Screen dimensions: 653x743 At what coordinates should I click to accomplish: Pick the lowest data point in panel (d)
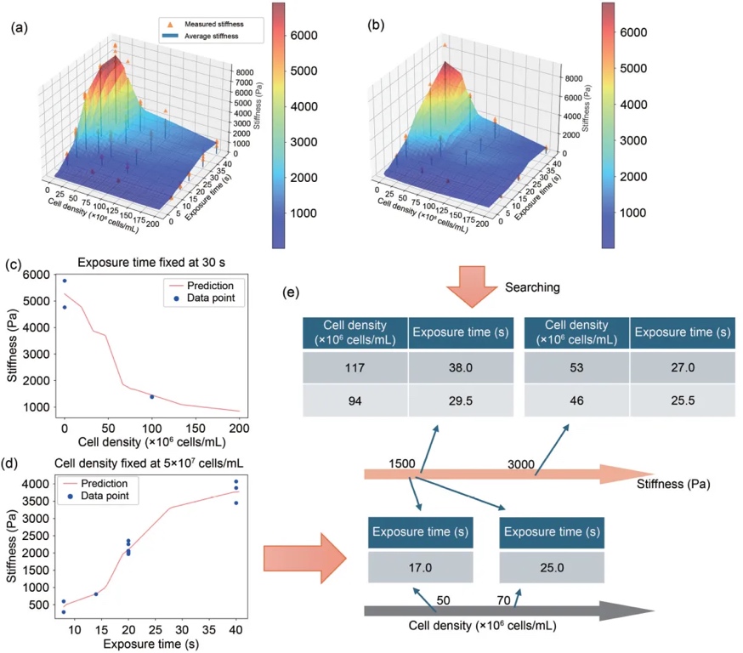[64, 612]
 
